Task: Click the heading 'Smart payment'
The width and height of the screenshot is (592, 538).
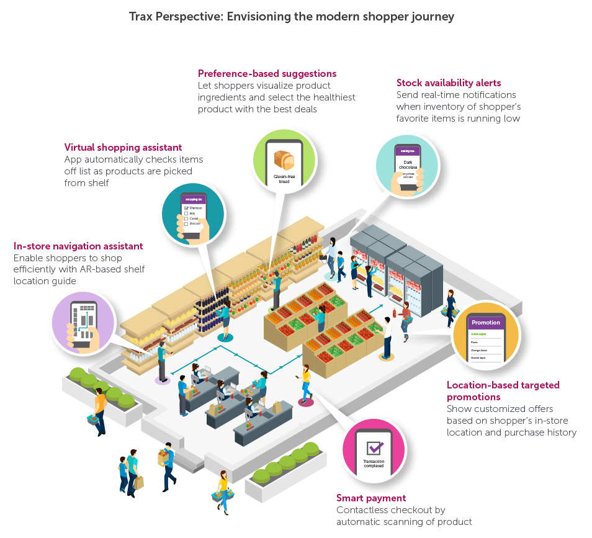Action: tap(371, 498)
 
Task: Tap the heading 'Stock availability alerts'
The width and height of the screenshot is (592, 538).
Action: tap(449, 83)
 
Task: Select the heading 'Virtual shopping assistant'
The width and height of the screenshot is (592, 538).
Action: tap(123, 147)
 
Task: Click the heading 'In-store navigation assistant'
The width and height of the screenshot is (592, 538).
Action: tap(78, 246)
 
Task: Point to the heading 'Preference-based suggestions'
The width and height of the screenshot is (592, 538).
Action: tap(267, 73)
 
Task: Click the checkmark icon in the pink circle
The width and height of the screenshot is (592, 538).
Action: tap(374, 448)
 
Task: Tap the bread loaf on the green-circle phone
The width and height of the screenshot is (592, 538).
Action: tap(284, 161)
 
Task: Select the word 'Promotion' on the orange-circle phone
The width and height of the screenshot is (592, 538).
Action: tap(486, 323)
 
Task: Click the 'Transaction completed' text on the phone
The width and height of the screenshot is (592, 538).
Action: tap(374, 464)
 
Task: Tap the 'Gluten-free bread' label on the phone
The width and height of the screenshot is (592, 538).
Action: tap(284, 179)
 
